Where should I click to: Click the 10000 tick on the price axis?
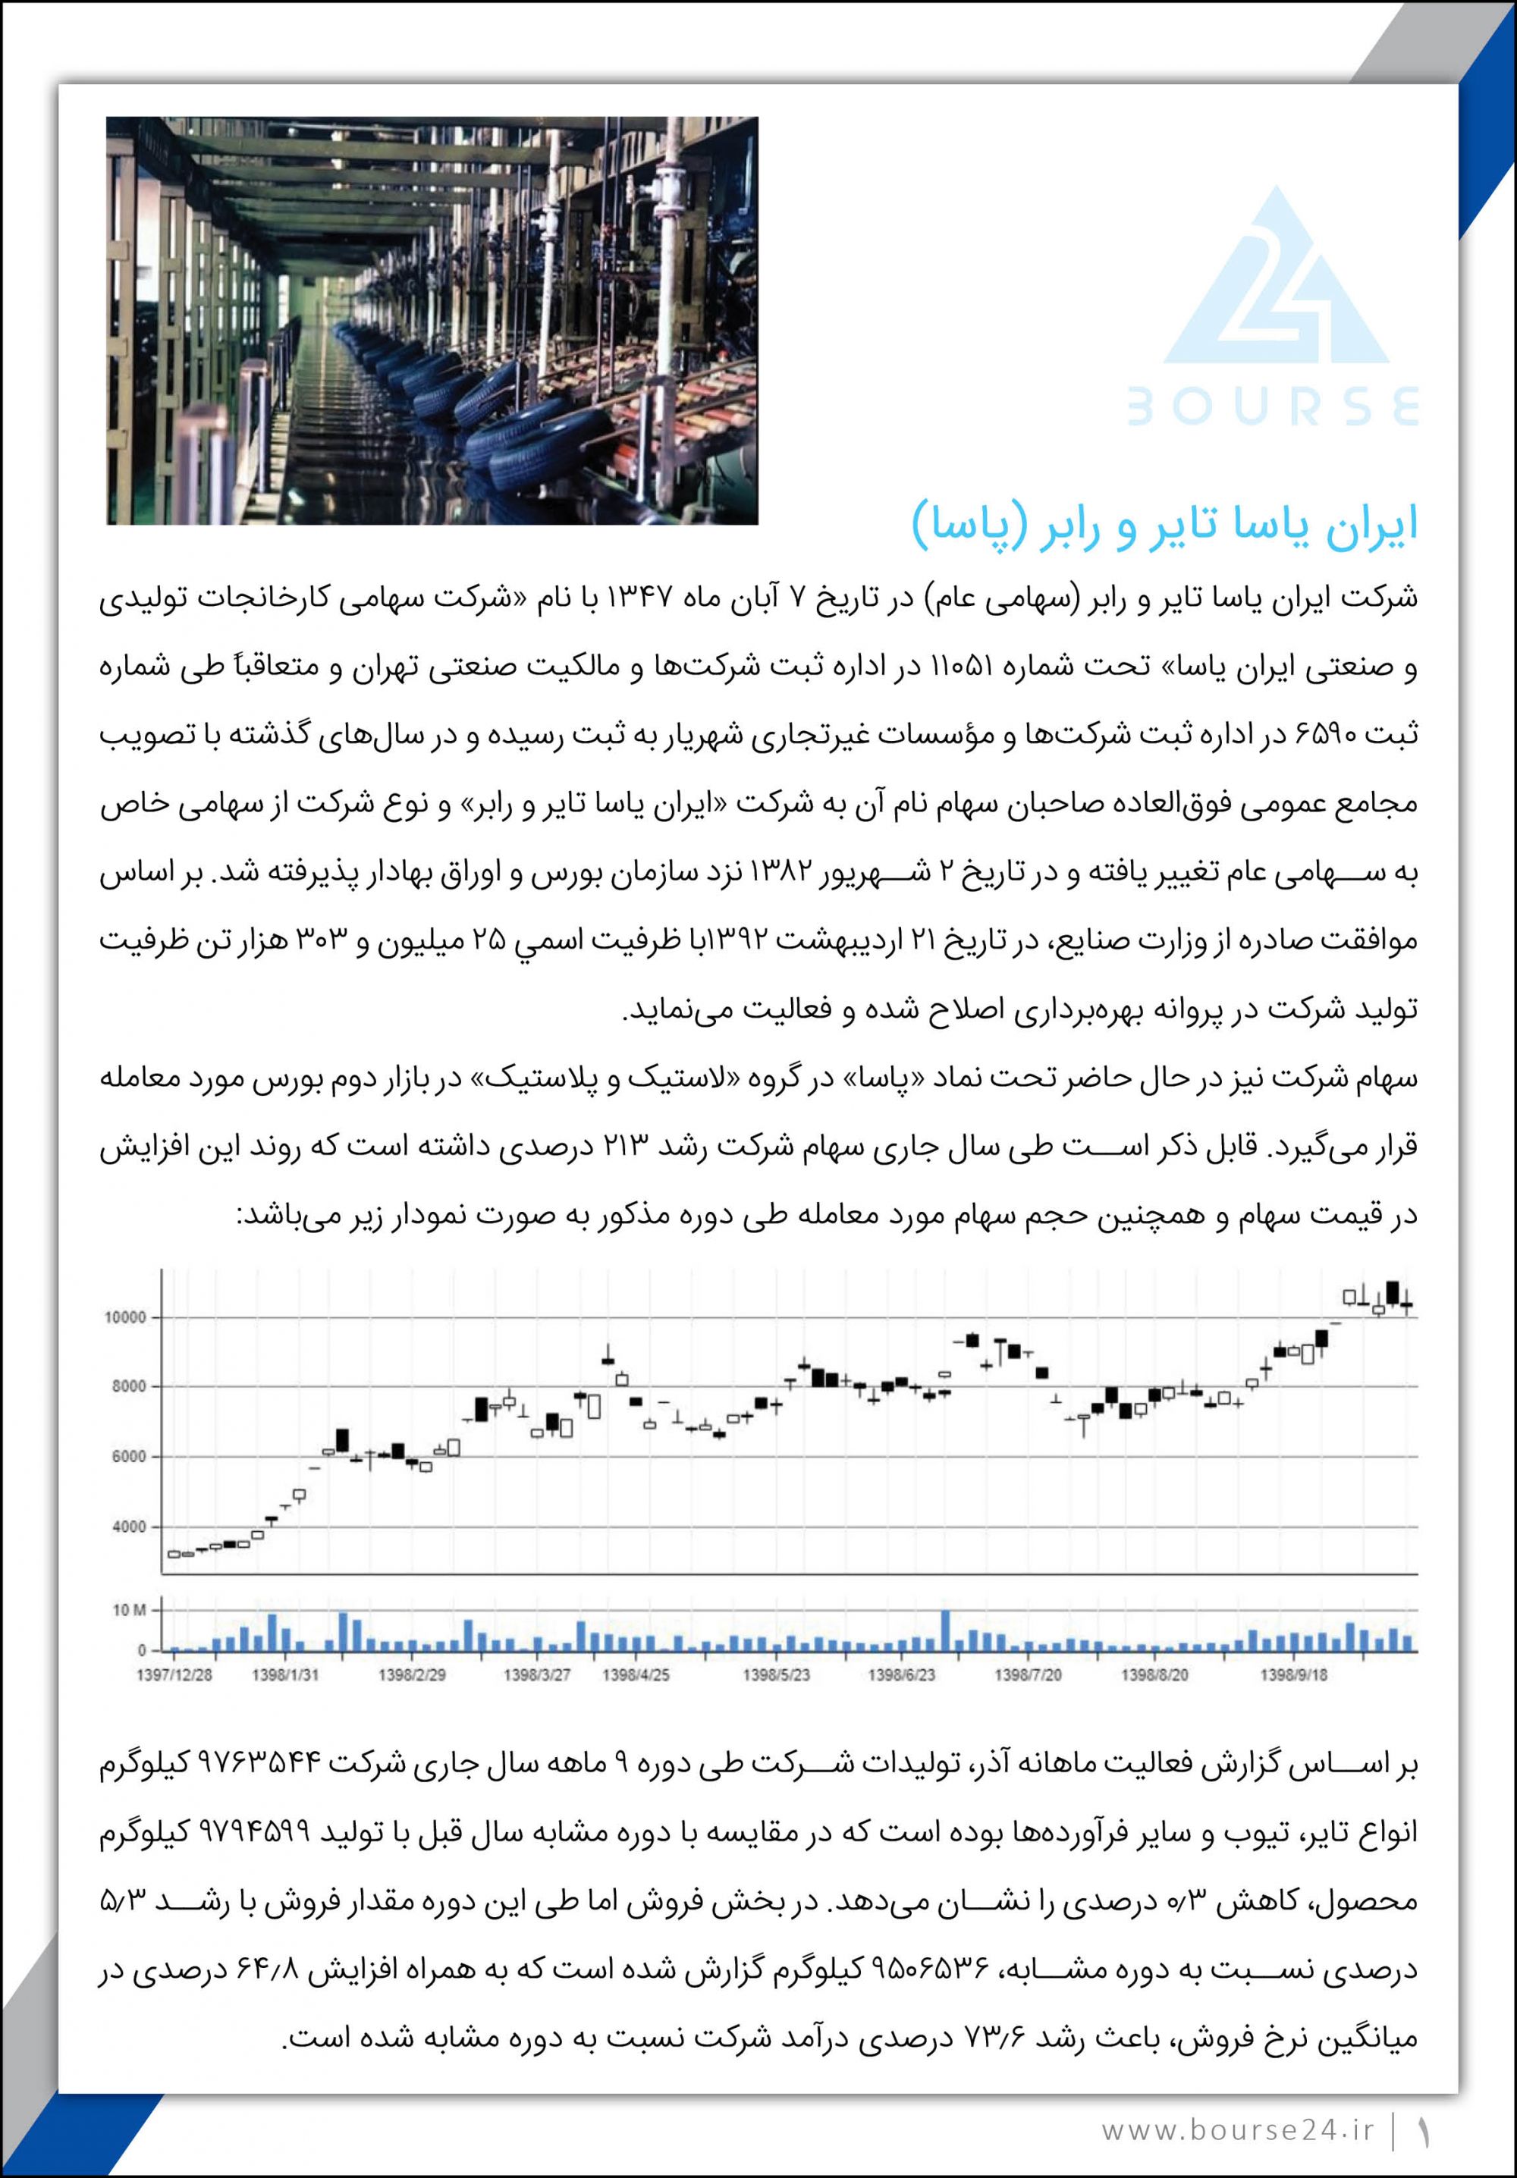[x=125, y=1317]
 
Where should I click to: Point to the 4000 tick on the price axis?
[x=129, y=1527]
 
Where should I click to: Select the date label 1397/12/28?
[x=174, y=1674]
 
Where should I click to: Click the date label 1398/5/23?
[x=776, y=1674]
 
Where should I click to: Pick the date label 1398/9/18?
[x=1294, y=1674]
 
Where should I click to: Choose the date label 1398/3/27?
[x=537, y=1674]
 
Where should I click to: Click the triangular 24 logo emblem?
[x=1275, y=280]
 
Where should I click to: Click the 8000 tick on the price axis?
[x=129, y=1388]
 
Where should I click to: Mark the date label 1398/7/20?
[x=1028, y=1674]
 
